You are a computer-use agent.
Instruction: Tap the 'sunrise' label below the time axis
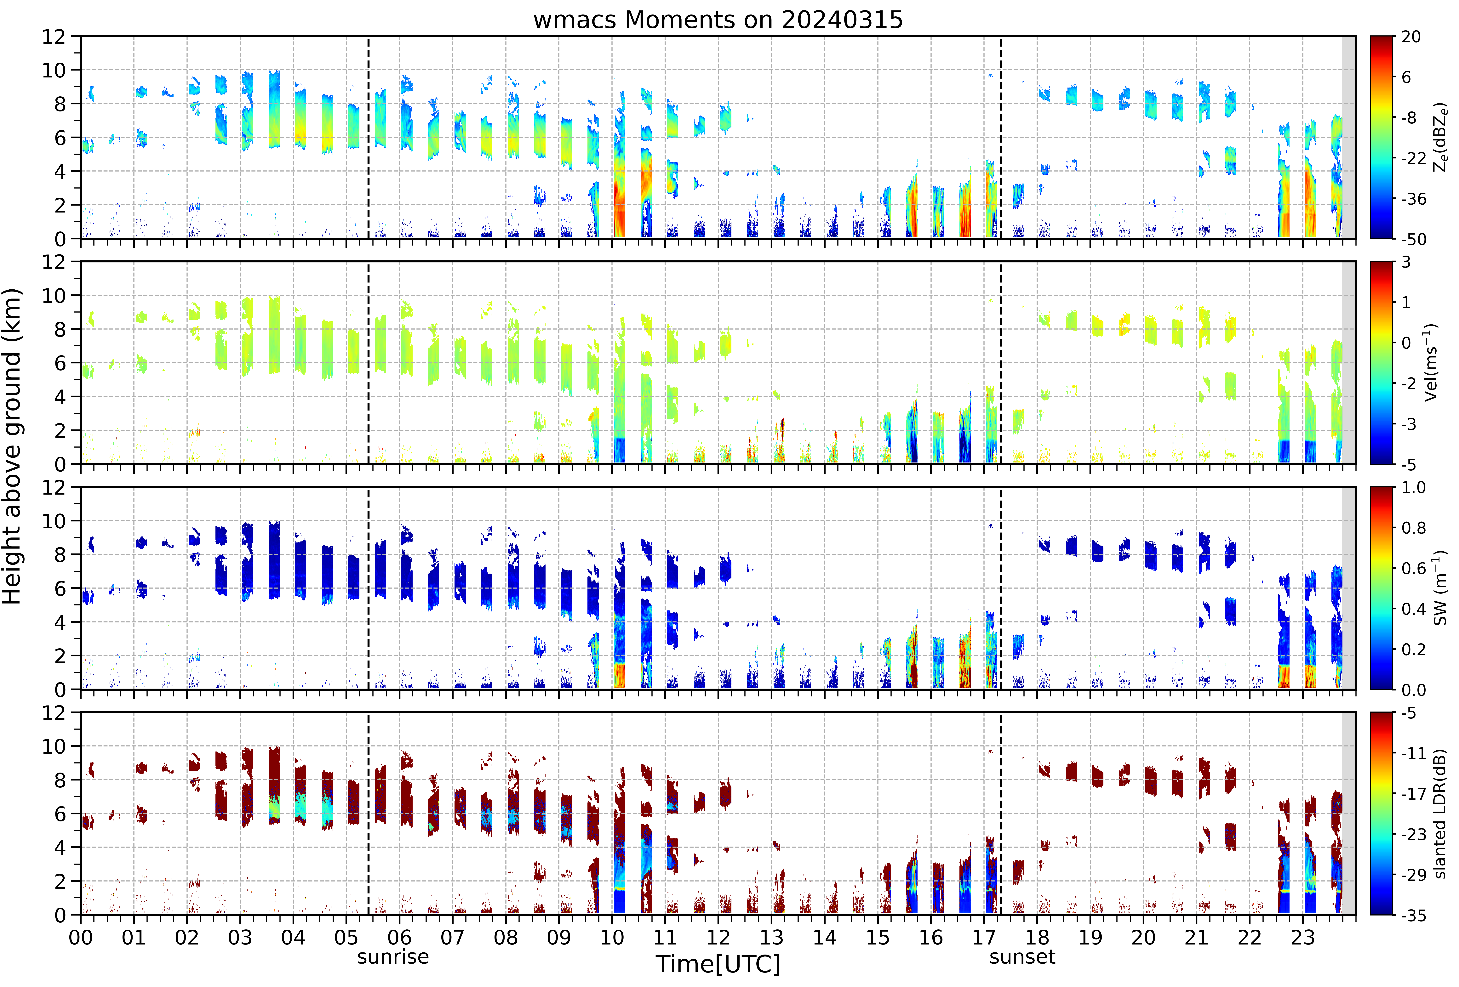[x=393, y=957]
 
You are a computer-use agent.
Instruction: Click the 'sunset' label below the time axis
[x=1022, y=957]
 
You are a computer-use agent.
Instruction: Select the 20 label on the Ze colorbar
[x=1411, y=37]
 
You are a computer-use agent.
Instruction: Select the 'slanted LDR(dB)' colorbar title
[x=1440, y=814]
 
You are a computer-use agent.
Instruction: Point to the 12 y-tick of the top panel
[x=54, y=37]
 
